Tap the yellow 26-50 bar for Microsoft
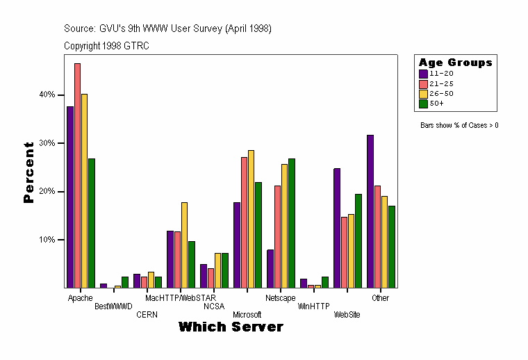251,219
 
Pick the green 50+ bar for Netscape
291,223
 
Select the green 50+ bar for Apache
91,223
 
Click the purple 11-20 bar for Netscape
270,268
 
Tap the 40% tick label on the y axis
47,95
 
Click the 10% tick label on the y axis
47,240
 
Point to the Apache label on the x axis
81,298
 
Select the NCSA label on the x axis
214,306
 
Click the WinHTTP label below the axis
314,306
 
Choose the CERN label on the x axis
147,314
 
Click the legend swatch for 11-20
423,73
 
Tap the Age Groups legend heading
455,63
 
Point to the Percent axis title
28,172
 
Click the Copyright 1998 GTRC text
106,46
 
